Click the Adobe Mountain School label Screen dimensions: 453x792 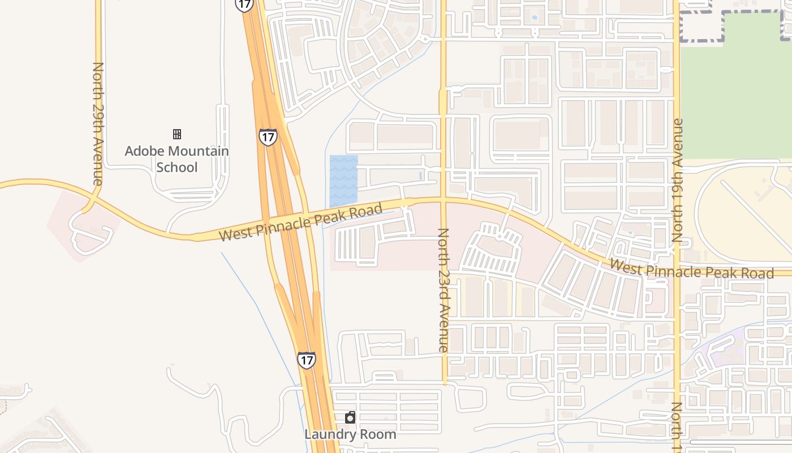(177, 159)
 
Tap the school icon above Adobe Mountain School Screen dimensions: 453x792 (177, 134)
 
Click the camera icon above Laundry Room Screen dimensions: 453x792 (350, 418)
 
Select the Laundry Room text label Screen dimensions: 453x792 (350, 434)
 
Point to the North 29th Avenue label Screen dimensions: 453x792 (98, 123)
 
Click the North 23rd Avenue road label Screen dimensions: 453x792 (444, 290)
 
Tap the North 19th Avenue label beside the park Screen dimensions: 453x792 (678, 180)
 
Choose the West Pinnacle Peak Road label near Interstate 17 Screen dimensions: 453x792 (300, 223)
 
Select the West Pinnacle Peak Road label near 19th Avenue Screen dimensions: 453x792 (691, 270)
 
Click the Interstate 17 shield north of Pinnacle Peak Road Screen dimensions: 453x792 (268, 136)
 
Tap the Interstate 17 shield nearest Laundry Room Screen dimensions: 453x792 (306, 360)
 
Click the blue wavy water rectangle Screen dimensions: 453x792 (343, 180)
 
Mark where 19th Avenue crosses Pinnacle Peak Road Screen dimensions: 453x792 (677, 272)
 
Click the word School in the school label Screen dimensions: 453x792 (177, 167)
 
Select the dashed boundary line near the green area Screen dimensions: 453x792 (701, 40)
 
